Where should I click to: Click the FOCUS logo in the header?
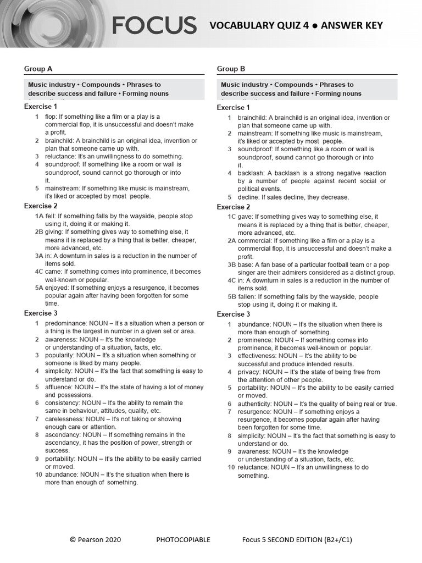154,25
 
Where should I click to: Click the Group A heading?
38,69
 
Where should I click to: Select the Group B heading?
231,69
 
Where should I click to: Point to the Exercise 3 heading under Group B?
234,314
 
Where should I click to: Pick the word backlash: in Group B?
252,173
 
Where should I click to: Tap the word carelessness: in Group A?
65,419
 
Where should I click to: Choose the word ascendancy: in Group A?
63,435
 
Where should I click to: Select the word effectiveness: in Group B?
257,356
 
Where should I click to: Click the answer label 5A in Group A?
39,288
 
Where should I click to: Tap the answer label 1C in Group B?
232,217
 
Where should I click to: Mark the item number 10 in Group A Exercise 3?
38,474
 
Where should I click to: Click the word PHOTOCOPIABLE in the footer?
183,540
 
